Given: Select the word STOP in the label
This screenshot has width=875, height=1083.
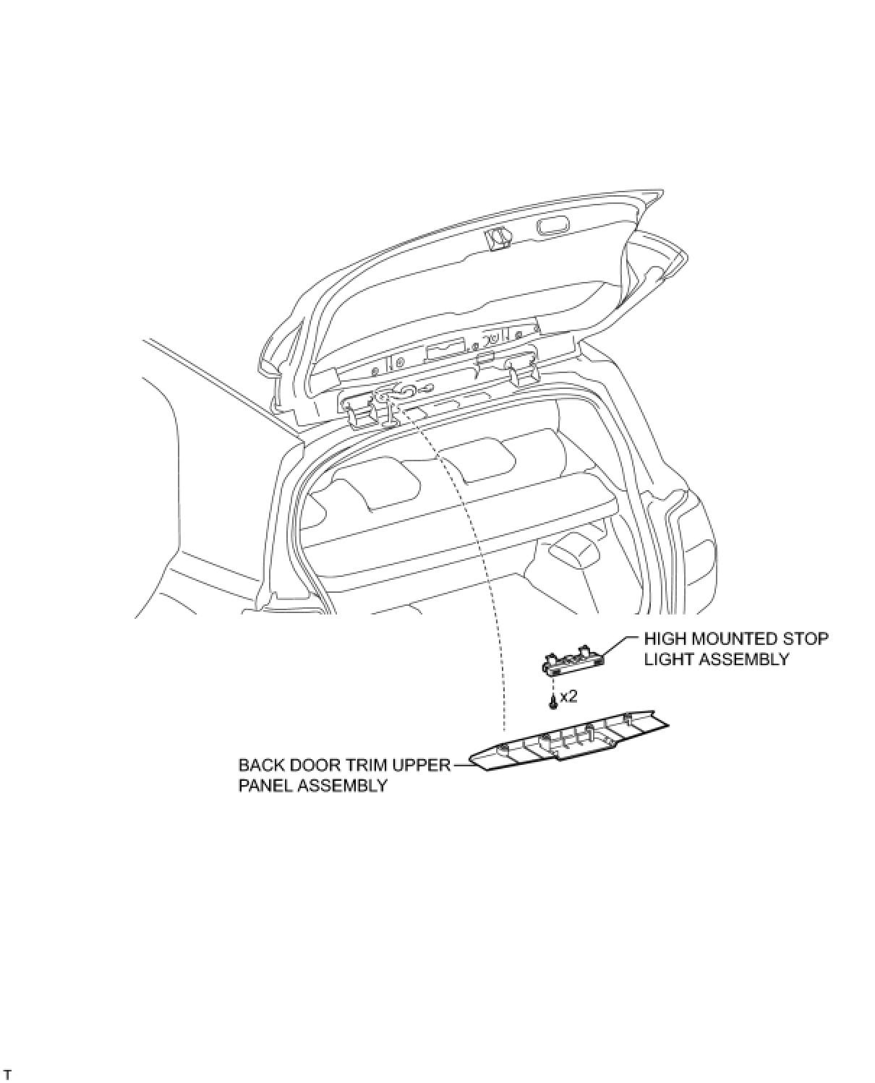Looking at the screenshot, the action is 807,639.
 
